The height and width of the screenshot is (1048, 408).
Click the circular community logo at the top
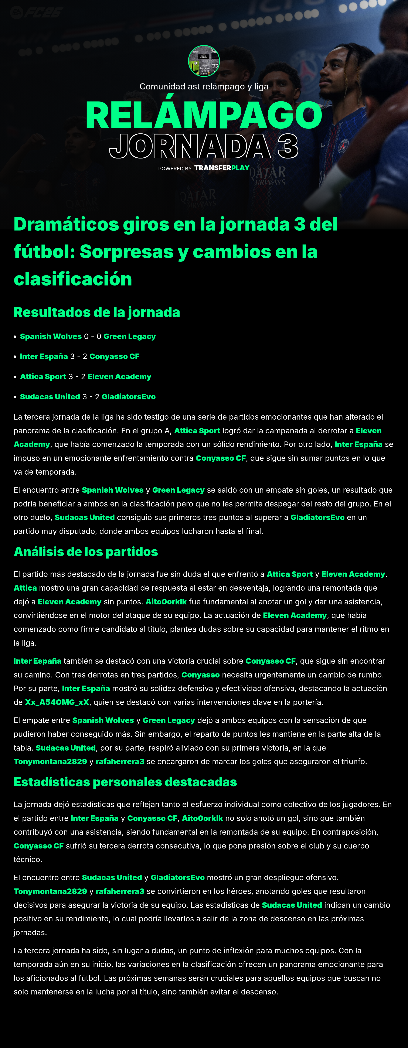coord(204,61)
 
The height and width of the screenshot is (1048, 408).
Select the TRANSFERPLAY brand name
coord(222,168)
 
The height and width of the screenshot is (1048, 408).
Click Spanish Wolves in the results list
coord(51,337)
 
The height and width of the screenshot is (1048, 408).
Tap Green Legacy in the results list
coord(129,337)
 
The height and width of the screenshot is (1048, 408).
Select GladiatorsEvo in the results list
coord(129,397)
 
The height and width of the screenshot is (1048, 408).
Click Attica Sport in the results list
coord(43,377)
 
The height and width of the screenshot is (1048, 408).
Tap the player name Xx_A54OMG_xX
coord(57,702)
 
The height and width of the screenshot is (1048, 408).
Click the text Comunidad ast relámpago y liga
coord(204,87)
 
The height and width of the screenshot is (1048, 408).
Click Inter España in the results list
coord(44,356)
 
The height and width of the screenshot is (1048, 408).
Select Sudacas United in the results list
coord(50,397)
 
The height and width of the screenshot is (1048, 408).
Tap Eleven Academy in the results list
coord(119,377)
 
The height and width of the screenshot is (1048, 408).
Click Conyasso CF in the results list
coord(114,356)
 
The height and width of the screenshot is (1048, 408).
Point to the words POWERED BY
coord(175,168)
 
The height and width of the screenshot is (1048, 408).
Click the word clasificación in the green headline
coord(73,279)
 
